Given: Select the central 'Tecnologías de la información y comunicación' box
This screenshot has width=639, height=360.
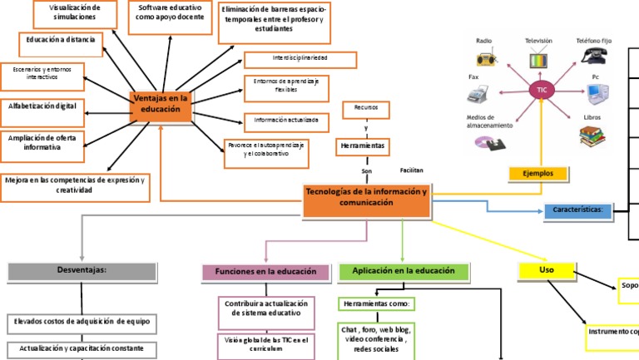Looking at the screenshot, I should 367,202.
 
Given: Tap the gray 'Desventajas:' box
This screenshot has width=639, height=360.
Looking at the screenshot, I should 82,270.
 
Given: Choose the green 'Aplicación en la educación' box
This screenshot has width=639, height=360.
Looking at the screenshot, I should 403,271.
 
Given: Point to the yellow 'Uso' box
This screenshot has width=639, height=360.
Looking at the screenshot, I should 546,270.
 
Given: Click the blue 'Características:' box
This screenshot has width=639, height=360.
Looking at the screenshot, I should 577,210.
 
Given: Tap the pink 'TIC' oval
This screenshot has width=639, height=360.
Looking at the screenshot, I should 542,89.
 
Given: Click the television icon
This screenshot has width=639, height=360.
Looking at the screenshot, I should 539,59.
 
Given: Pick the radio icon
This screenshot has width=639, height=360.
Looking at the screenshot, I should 485,59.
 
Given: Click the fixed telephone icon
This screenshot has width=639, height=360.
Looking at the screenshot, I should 594,57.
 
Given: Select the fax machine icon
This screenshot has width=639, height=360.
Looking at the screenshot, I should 482,94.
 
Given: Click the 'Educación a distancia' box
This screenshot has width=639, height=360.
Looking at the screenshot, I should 60,40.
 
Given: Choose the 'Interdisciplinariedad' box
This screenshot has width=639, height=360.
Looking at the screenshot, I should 300,59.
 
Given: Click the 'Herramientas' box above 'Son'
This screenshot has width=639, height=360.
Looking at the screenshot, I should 364,146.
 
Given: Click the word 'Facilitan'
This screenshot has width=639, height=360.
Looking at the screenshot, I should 412,170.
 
